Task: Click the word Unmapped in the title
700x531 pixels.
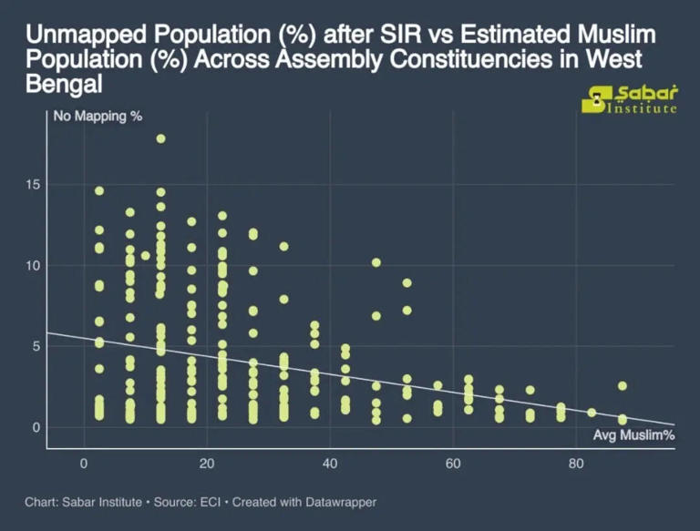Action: click(80, 36)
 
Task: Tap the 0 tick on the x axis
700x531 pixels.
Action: click(84, 463)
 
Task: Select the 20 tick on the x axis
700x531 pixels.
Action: click(207, 463)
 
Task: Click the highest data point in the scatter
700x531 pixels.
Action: click(160, 138)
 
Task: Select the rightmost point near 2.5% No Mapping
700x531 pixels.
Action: click(623, 386)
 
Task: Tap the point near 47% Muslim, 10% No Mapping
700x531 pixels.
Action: click(376, 263)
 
